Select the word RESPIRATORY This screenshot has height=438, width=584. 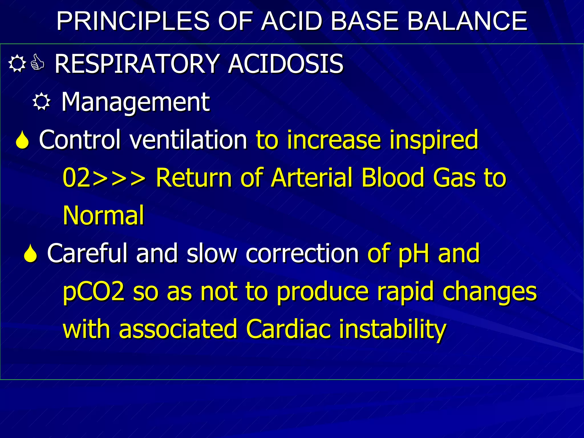click(137, 64)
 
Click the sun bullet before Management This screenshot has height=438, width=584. click(41, 102)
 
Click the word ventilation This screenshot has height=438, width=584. click(188, 140)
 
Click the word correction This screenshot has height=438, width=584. click(302, 254)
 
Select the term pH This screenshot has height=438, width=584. click(414, 254)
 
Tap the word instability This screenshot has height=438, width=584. click(392, 329)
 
